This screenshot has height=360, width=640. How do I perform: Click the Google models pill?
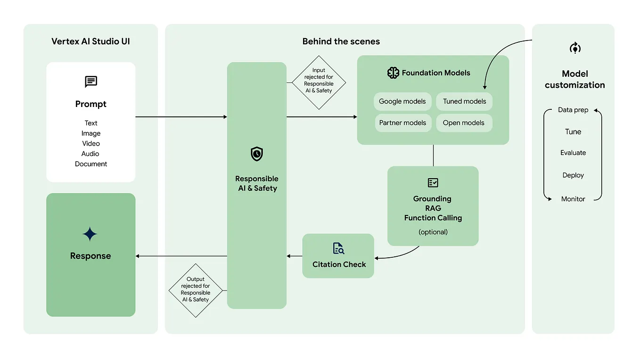402,101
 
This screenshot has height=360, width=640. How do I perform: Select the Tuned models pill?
464,101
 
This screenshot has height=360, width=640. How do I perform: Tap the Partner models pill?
402,123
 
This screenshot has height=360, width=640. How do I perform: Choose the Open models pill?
464,123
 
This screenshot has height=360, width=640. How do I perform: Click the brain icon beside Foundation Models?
393,73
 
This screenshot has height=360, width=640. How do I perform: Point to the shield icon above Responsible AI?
257,154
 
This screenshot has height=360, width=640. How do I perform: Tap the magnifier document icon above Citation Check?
338,248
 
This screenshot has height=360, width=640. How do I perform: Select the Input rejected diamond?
319,82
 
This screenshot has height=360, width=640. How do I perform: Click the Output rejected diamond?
195,289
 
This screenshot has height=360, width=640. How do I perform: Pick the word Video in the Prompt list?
91,143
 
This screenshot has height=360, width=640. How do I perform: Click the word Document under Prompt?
91,164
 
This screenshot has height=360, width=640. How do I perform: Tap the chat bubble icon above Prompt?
91,82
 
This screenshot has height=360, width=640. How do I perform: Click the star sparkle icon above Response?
90,234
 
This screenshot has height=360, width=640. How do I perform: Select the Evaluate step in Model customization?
573,153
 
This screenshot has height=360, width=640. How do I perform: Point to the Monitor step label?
573,199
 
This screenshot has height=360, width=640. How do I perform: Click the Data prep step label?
573,110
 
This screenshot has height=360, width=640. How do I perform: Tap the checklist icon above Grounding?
433,182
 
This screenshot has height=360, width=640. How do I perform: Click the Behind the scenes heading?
341,41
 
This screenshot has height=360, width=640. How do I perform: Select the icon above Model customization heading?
574,48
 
